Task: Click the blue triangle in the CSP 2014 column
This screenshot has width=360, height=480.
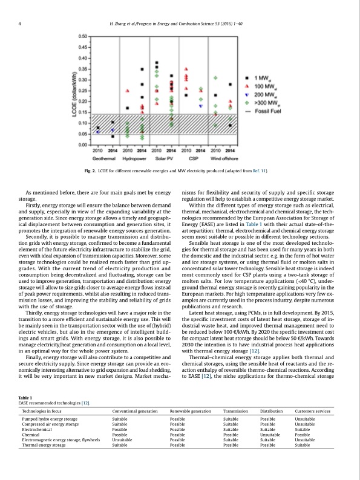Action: click(x=201, y=106)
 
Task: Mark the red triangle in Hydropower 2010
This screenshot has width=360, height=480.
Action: click(x=127, y=91)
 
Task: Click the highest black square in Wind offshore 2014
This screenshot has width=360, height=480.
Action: click(x=231, y=85)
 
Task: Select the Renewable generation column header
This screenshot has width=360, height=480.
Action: click(x=191, y=428)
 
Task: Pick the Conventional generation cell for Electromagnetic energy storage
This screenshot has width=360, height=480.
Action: click(x=122, y=457)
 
